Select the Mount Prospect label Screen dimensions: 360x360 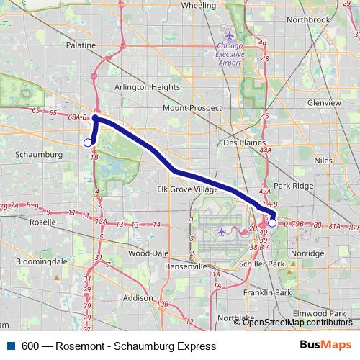tap(189, 107)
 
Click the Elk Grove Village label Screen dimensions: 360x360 tap(187, 189)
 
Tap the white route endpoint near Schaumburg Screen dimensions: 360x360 tap(88, 143)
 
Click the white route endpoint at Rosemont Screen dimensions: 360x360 tap(272, 223)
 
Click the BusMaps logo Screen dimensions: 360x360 tap(325, 346)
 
